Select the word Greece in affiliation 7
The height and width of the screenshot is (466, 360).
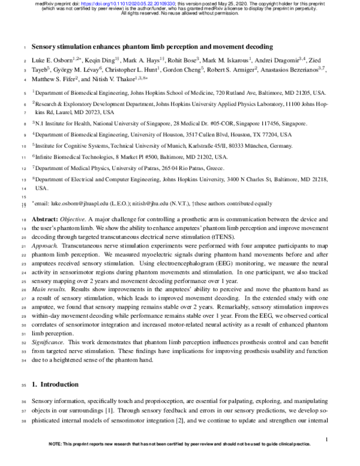pyautogui.click(x=213, y=168)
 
